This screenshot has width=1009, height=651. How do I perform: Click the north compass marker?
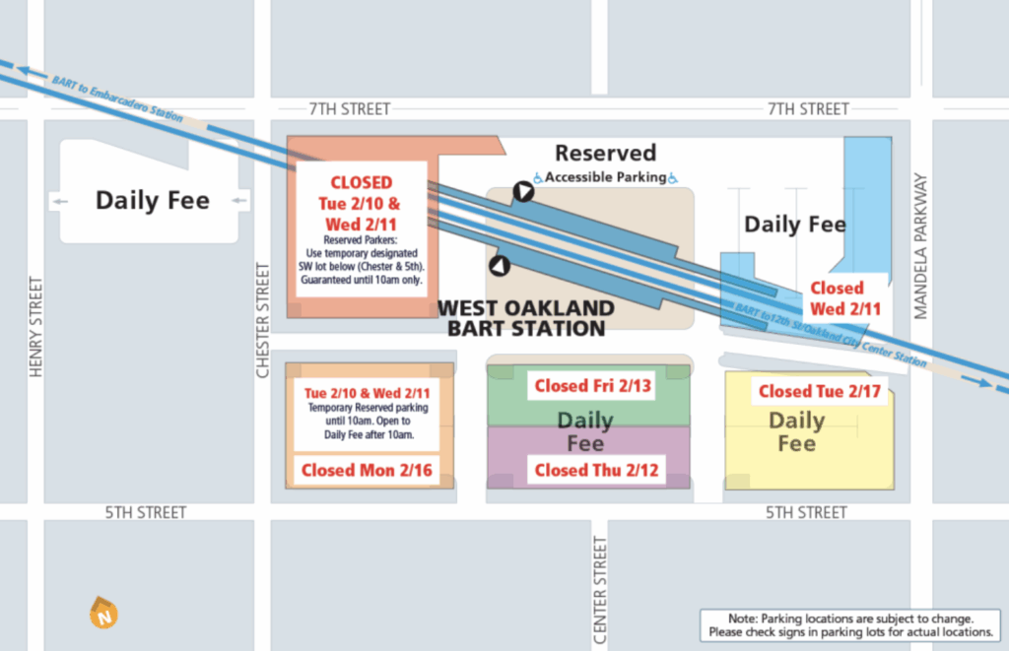pos(102,613)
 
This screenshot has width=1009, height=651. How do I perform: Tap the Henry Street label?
pos(36,326)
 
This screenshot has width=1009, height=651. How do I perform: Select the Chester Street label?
pos(263,319)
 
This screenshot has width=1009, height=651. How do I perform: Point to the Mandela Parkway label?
pos(921,246)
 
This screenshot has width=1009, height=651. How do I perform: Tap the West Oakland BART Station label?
pos(526,318)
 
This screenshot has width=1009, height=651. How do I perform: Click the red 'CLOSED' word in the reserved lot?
pos(361,182)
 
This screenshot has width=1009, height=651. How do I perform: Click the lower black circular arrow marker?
pos(501,265)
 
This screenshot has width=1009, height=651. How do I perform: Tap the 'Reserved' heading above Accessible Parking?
pos(605,153)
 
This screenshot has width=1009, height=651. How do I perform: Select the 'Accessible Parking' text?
pos(605,177)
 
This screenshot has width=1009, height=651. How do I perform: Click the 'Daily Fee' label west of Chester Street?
pos(152,201)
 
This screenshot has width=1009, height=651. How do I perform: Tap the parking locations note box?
pos(849,624)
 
